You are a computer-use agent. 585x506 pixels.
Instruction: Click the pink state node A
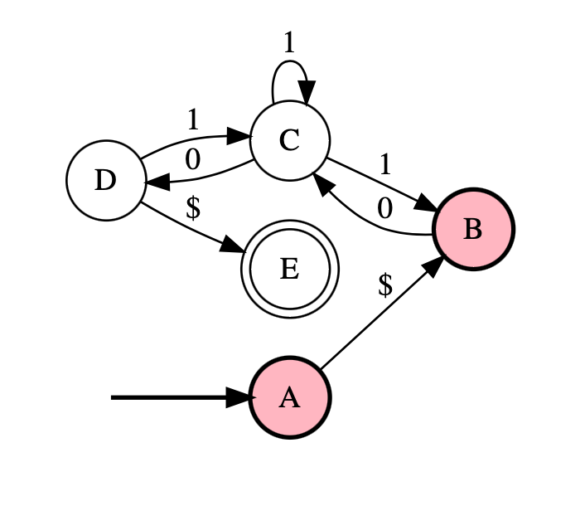click(x=289, y=398)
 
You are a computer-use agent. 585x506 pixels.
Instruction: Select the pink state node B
click(x=472, y=228)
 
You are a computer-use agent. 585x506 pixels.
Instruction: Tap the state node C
click(x=289, y=141)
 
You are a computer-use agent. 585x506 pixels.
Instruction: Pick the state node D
click(x=105, y=180)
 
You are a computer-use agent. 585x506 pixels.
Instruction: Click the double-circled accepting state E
click(x=289, y=269)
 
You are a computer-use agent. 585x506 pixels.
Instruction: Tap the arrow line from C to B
click(x=377, y=184)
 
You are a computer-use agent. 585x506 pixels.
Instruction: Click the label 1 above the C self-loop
click(x=288, y=43)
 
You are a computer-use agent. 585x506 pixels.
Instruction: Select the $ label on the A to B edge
click(x=384, y=285)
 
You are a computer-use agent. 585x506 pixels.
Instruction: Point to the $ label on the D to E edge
click(x=193, y=207)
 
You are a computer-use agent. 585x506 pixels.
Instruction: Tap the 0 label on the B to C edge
click(x=384, y=208)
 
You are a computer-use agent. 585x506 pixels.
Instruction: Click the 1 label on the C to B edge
click(x=384, y=164)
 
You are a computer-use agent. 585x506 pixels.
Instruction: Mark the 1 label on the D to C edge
click(x=193, y=120)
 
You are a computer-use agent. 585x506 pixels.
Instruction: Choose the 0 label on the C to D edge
click(x=193, y=159)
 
